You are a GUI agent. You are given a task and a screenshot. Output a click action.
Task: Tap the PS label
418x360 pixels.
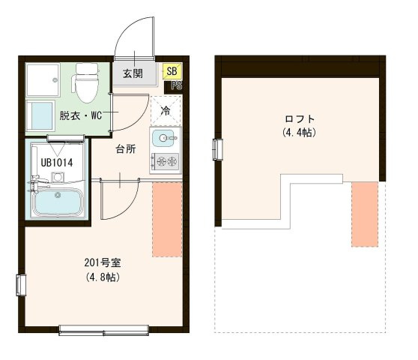(x=177, y=85)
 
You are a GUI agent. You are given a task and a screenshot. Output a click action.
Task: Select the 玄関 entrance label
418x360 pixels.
(x=133, y=73)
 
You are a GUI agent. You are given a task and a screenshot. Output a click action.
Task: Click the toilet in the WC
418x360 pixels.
(x=87, y=82)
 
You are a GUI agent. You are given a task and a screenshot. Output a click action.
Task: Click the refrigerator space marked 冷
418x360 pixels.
(x=165, y=110)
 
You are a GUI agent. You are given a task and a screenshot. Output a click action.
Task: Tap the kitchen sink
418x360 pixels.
(x=165, y=138)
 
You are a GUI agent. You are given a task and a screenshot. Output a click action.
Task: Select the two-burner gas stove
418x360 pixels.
(x=165, y=160)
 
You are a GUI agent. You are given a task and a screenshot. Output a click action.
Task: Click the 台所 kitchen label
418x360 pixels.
(x=125, y=148)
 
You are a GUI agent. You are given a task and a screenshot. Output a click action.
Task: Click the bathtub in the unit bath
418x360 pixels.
(x=58, y=203)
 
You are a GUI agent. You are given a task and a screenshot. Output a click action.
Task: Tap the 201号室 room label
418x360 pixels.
(x=103, y=263)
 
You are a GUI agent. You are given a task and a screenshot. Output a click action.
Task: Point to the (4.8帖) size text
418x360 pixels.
(x=103, y=277)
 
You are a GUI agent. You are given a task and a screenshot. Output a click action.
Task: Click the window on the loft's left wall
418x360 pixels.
(x=219, y=149)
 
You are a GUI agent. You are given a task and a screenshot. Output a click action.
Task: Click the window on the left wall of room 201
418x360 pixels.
(x=22, y=285)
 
